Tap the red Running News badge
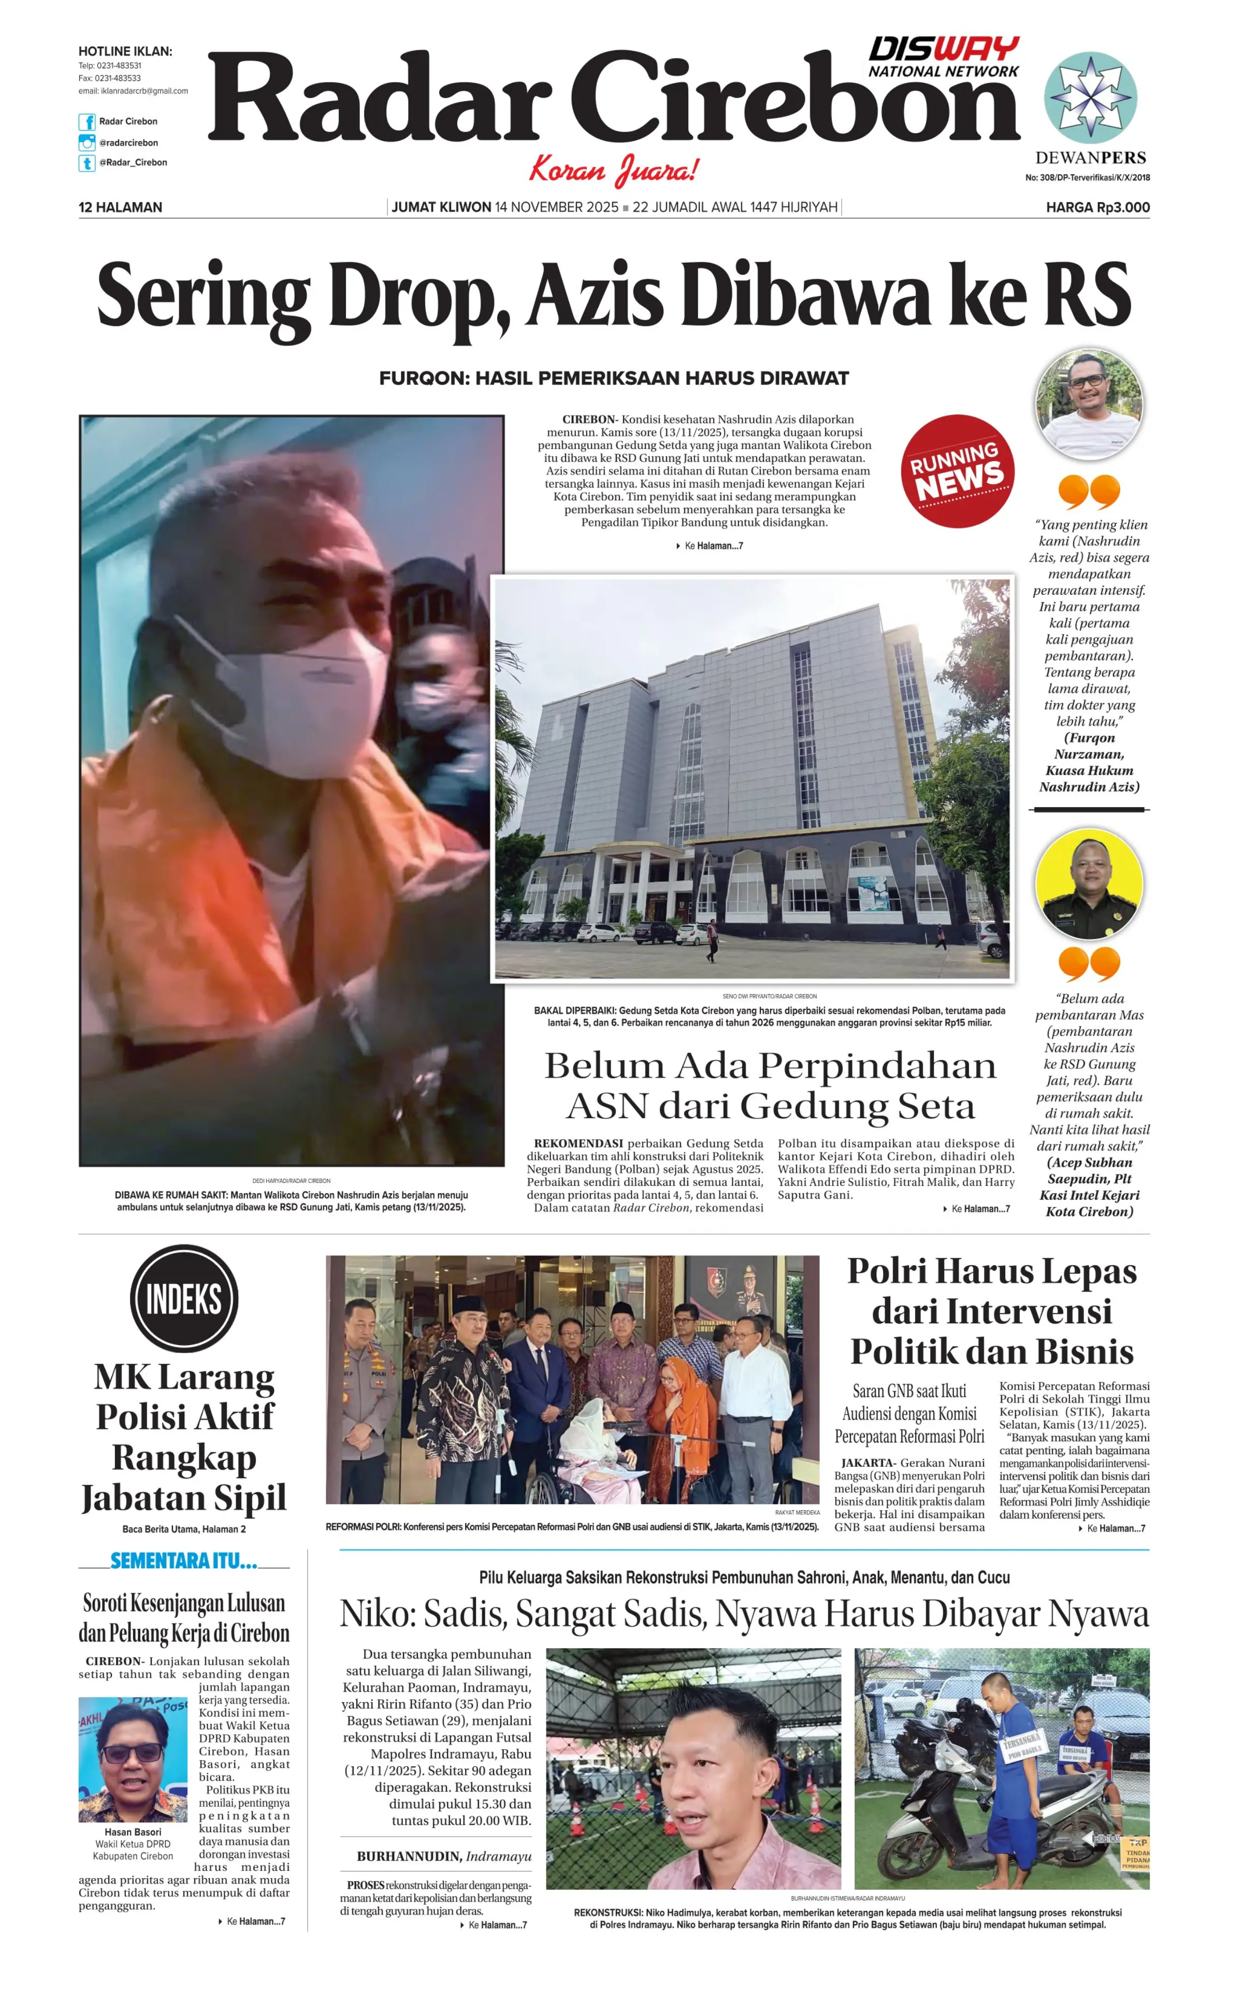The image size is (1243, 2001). [957, 471]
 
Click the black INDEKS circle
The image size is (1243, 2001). [184, 1298]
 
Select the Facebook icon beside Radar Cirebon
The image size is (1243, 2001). [86, 122]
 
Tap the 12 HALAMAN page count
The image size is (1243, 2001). [120, 207]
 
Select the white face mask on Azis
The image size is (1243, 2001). [304, 699]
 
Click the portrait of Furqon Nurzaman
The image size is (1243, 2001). [1089, 405]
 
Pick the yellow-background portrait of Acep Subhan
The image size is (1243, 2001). [1089, 884]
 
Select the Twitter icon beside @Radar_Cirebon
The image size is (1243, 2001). [86, 163]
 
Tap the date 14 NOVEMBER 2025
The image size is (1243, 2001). [557, 207]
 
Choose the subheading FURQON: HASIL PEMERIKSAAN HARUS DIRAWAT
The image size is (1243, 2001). [613, 378]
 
